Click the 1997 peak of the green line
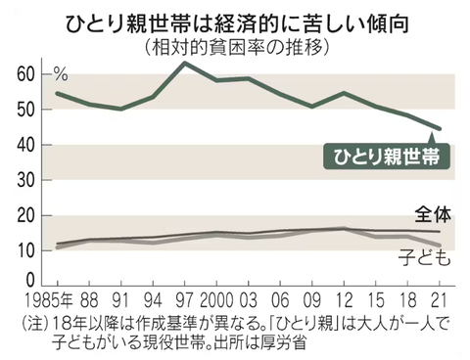point(185,63)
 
